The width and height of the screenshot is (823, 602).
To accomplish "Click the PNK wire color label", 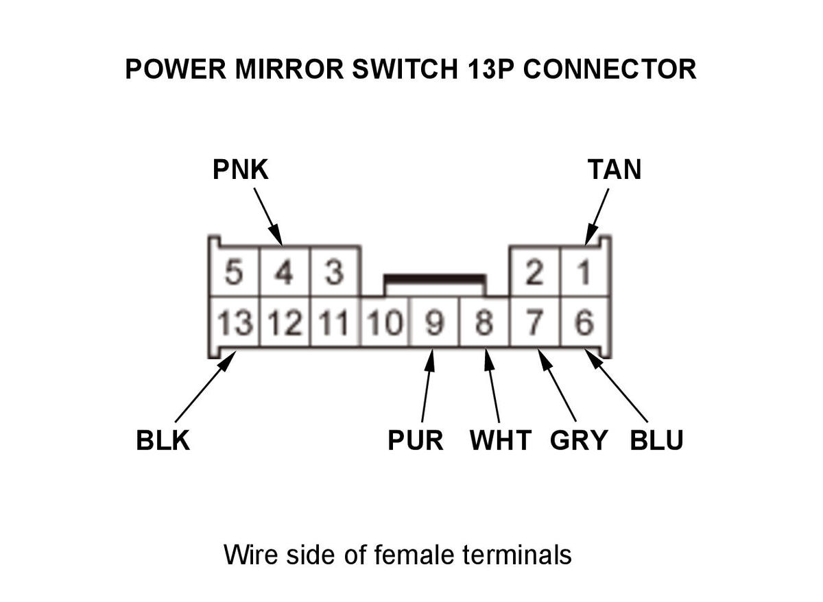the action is click(x=241, y=169).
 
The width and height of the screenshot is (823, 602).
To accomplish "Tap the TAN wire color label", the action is click(x=615, y=169).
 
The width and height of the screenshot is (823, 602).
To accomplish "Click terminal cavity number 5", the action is click(x=234, y=272).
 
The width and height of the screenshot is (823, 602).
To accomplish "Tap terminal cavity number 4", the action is click(x=284, y=272).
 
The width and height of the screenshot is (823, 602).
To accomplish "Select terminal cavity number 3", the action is click(x=335, y=272).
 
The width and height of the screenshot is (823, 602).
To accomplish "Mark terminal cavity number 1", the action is click(x=584, y=272).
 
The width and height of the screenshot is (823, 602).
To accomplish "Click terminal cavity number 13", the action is click(x=235, y=322).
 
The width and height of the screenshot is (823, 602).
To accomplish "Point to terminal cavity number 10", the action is click(x=385, y=322).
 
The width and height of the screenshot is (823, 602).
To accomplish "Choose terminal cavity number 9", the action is click(x=435, y=322).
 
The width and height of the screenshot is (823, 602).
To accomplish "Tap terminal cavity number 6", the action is click(x=584, y=322).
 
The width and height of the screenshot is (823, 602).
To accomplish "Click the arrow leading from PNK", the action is click(x=268, y=217).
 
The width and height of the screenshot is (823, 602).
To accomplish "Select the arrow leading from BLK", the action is click(x=206, y=386).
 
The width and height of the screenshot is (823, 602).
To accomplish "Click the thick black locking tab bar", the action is click(x=435, y=279).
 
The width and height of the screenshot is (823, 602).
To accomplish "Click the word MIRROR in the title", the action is click(x=289, y=69).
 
